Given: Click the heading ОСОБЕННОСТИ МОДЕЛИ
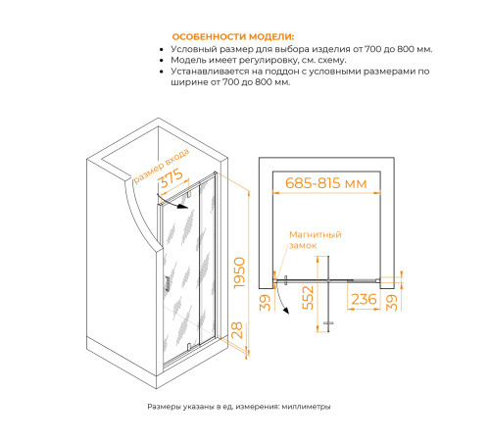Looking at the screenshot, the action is coord(233,36).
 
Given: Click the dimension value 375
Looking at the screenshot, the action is coord(171,178).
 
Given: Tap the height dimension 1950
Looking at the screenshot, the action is coord(239,272).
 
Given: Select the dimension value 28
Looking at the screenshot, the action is coord(237,330).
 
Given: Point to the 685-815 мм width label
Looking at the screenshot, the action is coord(326,183).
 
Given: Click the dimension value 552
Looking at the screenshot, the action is coord(308,298).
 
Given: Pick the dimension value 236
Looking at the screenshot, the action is coord(364,299).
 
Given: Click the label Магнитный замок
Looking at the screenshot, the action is coord(316,240).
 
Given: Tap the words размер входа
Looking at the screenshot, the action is coord(162,166).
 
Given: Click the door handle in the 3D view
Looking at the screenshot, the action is coord(168,283).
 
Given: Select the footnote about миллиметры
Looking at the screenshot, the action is coord(239,407).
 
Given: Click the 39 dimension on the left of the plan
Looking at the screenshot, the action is coord(267,302).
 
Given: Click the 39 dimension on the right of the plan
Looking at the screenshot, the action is coord(392,302).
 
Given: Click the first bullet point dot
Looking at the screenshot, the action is coord(162,50).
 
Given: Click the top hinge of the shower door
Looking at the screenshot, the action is coord(189,194).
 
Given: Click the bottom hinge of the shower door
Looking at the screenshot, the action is coord(189,346).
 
